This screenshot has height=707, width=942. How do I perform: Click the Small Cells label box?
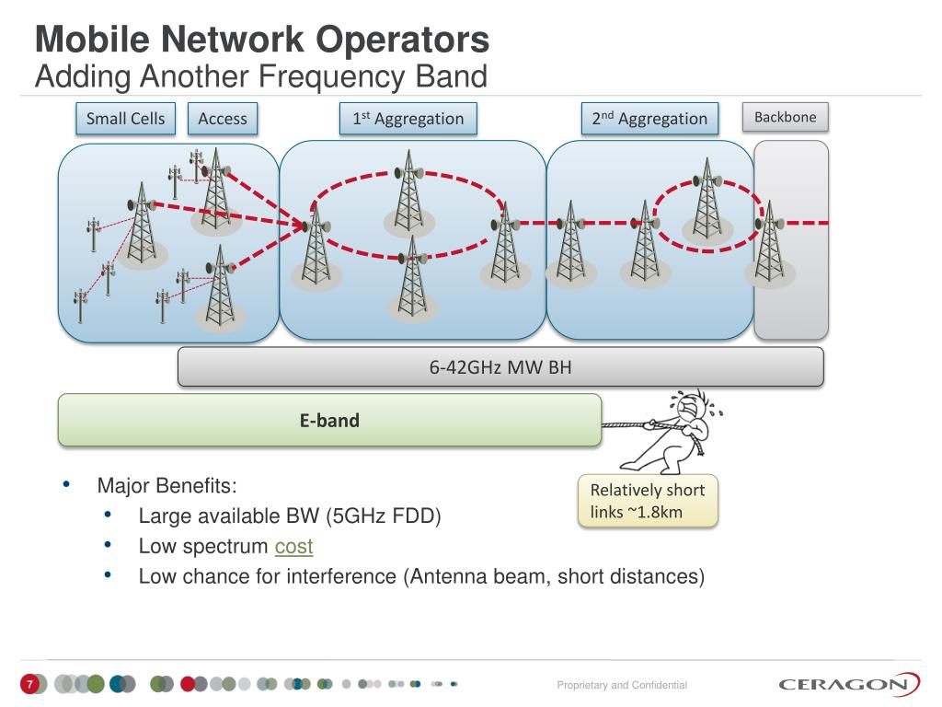125,119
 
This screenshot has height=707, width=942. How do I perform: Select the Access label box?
223,119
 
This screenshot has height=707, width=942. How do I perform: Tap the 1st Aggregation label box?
408,119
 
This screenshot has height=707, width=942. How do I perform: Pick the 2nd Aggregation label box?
649,119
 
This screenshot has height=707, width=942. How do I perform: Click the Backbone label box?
786,117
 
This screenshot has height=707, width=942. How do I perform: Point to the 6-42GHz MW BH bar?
500,368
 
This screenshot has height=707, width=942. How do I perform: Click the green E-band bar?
329,421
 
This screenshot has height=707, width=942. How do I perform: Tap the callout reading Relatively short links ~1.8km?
648,501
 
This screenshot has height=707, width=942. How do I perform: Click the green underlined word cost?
293,546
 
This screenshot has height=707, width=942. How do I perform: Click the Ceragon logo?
848,684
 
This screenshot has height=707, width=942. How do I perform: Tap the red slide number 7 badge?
29,684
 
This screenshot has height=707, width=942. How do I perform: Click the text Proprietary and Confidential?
622,685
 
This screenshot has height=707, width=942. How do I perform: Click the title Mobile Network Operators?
262,41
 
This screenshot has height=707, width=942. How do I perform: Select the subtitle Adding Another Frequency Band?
260,75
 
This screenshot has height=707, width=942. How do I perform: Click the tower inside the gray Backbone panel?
769,244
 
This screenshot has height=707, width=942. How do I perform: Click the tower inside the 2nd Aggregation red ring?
706,201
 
